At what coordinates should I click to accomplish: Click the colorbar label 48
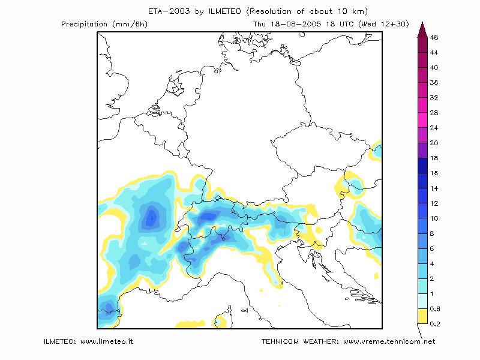click(434, 37)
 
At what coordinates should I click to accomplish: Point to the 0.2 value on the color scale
click(434, 324)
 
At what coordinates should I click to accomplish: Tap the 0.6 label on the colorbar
click(434, 309)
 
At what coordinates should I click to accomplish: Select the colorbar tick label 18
click(434, 158)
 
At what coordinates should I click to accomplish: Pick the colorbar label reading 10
click(434, 218)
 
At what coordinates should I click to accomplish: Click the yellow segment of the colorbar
click(422, 316)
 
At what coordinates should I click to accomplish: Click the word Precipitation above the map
click(85, 24)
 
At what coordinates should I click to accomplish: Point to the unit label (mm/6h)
click(130, 24)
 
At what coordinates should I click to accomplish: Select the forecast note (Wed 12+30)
click(383, 24)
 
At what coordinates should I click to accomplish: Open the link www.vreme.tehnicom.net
click(389, 341)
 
